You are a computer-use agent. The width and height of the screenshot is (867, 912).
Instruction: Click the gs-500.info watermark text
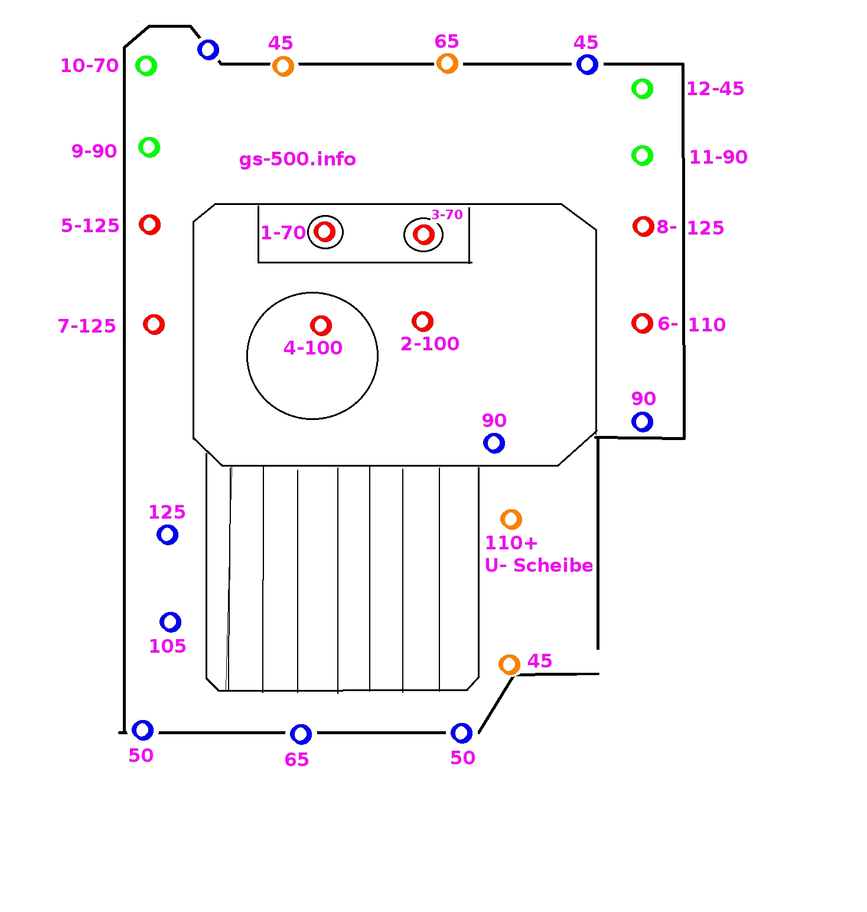coord(297,159)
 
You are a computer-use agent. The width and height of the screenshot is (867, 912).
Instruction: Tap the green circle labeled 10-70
coord(146,66)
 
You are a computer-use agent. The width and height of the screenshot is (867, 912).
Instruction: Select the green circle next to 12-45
coord(642,89)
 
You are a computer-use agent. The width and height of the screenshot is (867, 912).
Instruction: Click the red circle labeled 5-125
coord(149,224)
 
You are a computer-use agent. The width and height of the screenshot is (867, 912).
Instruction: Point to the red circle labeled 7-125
coord(154,324)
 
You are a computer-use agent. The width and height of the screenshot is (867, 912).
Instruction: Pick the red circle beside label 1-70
coord(324,232)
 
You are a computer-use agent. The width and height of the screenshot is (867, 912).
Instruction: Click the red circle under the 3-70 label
coord(423,234)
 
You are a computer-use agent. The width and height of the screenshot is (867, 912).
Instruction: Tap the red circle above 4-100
coord(321,325)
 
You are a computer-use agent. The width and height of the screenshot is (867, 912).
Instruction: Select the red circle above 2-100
coord(422,321)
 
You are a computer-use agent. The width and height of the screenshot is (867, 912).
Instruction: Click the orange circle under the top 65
coord(447,63)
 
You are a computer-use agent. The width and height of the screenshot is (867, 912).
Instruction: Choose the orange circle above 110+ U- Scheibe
coord(511,519)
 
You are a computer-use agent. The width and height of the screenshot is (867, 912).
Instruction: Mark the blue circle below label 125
coord(167,535)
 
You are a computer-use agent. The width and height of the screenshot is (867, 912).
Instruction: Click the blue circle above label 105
coord(170,622)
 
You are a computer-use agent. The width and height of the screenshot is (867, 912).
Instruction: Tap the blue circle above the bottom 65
coord(301,734)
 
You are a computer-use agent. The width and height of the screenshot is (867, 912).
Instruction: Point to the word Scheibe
coord(553,566)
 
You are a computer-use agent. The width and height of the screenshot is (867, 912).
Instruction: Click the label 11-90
coord(718,157)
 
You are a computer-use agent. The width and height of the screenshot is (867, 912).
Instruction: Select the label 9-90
coord(94,151)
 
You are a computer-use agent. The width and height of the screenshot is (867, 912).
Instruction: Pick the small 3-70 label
coord(446,214)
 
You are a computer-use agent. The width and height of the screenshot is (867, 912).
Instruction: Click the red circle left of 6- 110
coord(642,323)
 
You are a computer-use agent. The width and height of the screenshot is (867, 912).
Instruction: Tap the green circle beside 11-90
coord(642,156)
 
